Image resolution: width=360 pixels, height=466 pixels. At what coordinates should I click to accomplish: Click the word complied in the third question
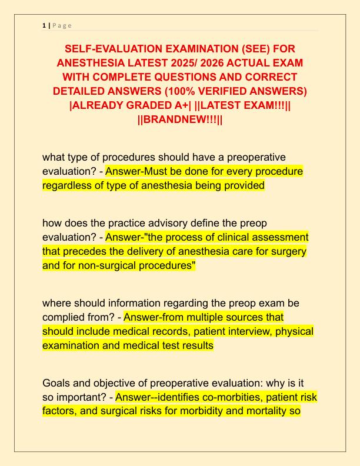(x=65, y=317)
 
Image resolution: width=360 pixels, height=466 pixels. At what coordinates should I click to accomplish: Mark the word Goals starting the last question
(x=57, y=383)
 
